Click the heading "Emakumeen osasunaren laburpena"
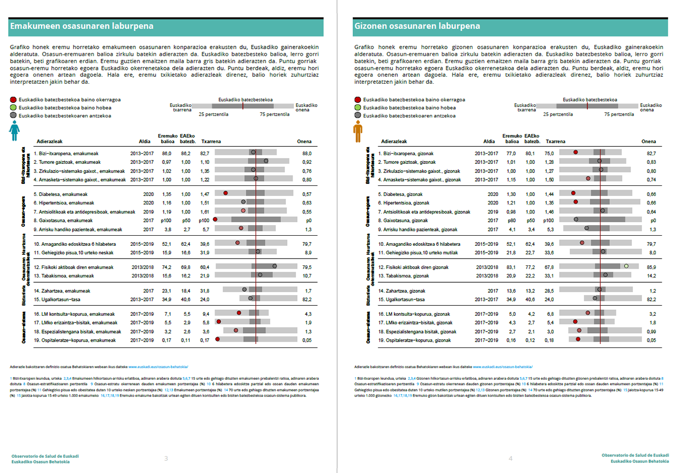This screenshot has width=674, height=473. (x=82, y=26)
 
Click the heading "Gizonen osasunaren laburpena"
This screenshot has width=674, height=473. (x=416, y=26)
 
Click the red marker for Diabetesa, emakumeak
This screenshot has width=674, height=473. (x=226, y=194)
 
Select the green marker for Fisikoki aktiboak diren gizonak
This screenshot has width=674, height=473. (x=626, y=266)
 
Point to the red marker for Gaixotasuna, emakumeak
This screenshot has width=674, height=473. (x=215, y=220)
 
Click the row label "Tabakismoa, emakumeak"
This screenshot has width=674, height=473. (x=64, y=276)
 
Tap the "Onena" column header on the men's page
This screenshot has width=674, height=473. (x=649, y=141)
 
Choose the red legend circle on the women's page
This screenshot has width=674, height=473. (x=14, y=100)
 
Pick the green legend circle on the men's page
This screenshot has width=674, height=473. (x=358, y=108)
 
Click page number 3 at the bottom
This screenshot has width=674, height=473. (x=166, y=458)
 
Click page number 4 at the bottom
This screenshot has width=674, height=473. (x=511, y=458)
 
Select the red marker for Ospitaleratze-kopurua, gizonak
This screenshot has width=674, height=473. (x=578, y=339)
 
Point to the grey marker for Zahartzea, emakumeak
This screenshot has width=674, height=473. (x=244, y=290)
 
